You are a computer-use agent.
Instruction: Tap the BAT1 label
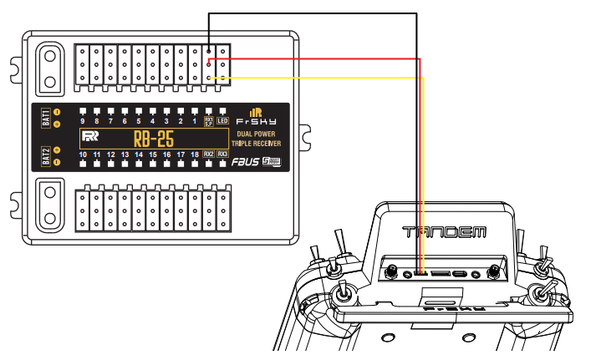click(x=46, y=117)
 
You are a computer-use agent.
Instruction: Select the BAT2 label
click(x=46, y=156)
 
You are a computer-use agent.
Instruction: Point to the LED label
click(x=222, y=121)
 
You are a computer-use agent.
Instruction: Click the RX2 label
click(x=209, y=154)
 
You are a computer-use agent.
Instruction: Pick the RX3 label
click(x=223, y=154)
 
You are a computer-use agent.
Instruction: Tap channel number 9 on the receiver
click(x=83, y=121)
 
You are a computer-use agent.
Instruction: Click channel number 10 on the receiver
click(x=83, y=155)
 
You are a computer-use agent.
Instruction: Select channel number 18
click(x=194, y=155)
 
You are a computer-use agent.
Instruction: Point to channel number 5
click(x=139, y=121)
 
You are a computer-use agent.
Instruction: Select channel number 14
click(x=139, y=155)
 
